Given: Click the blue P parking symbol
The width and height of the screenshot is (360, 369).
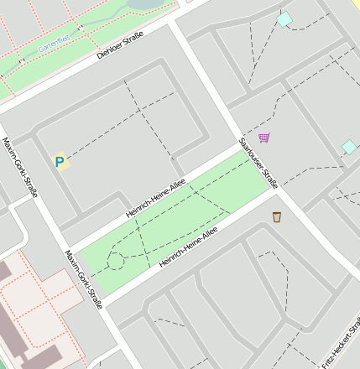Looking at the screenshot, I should pyautogui.click(x=59, y=161).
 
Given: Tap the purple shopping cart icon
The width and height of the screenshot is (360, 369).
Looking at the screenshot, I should pyautogui.click(x=264, y=138).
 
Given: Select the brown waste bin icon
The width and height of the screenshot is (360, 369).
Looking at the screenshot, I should pyautogui.click(x=277, y=218).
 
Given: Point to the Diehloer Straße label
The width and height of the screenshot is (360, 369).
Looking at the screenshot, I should pyautogui.click(x=120, y=45).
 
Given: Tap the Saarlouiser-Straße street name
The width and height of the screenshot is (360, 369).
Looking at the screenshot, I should pyautogui.click(x=258, y=164).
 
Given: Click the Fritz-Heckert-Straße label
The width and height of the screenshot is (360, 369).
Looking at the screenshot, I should pyautogui.click(x=337, y=344).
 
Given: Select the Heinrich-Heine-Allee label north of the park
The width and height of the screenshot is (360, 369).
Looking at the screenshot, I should pyautogui.click(x=155, y=198).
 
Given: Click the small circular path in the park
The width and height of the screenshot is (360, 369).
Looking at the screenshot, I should pyautogui.click(x=116, y=263).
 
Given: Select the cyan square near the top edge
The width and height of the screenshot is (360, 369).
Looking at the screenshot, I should pyautogui.click(x=284, y=18).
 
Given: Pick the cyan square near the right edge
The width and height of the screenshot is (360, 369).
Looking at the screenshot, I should pyautogui.click(x=349, y=148).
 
